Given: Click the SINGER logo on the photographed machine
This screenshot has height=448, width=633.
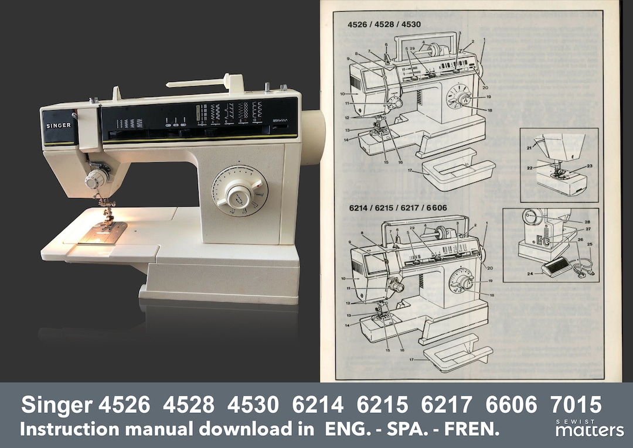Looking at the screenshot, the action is pos(59,125).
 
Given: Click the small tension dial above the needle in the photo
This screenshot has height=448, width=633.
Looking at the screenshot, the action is pos(93,180).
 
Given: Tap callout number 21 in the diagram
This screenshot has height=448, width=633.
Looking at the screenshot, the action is pos(530,148).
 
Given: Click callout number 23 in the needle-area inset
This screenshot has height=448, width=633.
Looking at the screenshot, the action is pos(589,166).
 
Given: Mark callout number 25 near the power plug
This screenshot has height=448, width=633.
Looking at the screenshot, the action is pos(590,244).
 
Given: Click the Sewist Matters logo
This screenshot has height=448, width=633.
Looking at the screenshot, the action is pos(589,428).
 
